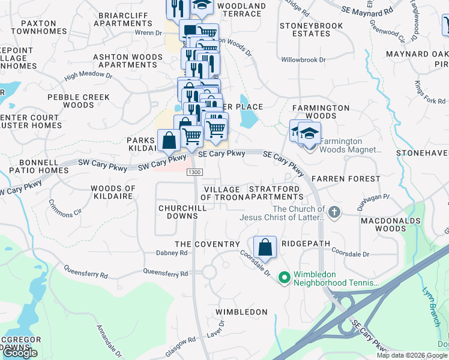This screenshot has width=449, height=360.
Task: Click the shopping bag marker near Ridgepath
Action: (265, 247)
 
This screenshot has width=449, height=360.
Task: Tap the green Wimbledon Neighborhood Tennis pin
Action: (285, 278)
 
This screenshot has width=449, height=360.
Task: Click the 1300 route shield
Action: (194, 172)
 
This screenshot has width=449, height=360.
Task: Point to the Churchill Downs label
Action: (178, 212)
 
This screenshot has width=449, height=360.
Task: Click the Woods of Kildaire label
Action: (113, 193)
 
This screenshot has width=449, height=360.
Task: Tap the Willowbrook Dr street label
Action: (303, 60)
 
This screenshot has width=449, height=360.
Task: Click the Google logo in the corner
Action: (20, 353)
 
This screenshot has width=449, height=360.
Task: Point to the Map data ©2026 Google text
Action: (411, 355)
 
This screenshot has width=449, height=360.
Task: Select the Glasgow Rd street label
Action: (184, 340)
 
